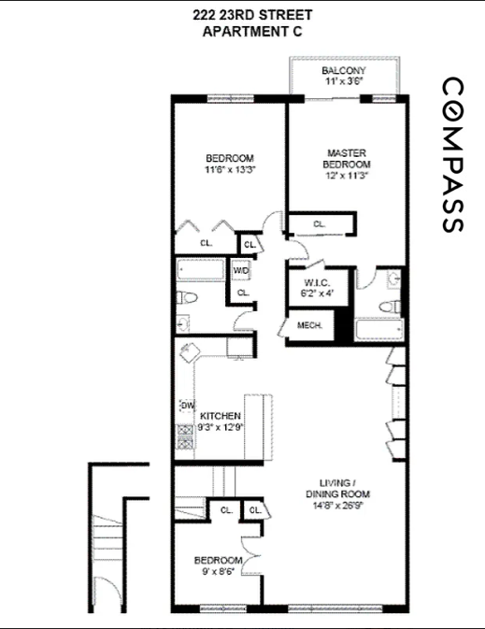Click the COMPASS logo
point(450,155)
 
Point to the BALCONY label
point(343,71)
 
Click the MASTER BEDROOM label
point(346,160)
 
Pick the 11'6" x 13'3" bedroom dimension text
point(230,171)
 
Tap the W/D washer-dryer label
point(241,270)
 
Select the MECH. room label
point(309,325)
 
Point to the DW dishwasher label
point(187,406)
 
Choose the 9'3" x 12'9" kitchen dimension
point(220,428)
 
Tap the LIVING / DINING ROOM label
point(337,488)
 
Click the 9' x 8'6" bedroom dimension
point(217,572)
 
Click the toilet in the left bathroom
point(187,298)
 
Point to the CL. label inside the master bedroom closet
point(319,224)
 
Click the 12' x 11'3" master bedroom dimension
point(346,174)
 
